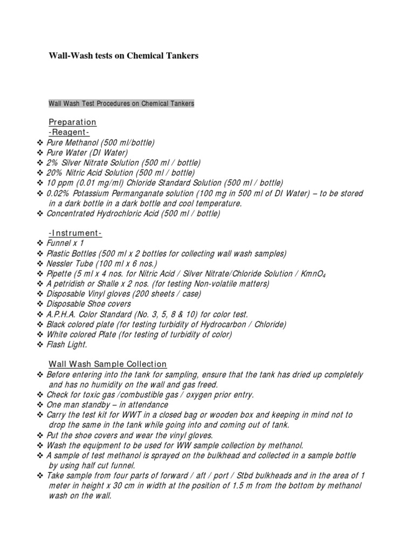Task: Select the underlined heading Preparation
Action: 72,122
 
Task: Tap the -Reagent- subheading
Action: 68,132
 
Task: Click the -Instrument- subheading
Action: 75,233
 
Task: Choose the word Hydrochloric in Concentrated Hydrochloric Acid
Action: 119,214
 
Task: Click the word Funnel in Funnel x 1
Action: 58,243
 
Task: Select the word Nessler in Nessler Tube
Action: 60,264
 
